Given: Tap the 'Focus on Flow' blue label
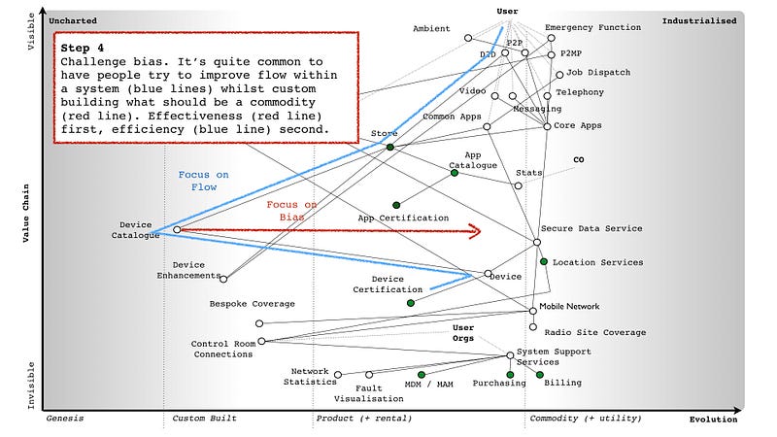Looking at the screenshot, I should click(x=204, y=181).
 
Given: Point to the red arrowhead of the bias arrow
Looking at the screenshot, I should click(x=476, y=231).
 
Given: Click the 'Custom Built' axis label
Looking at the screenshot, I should click(x=205, y=419).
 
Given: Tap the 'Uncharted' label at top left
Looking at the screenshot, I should click(x=73, y=20).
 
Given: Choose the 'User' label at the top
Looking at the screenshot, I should click(x=507, y=11).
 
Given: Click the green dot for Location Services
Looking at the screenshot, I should click(x=544, y=262).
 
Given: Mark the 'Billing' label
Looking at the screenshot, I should click(x=563, y=383).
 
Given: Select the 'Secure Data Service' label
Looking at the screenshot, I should click(x=591, y=229).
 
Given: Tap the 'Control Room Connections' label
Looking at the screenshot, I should click(x=222, y=349).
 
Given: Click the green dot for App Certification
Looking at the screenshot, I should click(x=396, y=205).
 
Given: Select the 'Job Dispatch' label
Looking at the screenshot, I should click(x=598, y=73).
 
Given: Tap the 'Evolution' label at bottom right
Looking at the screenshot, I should click(x=713, y=420).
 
